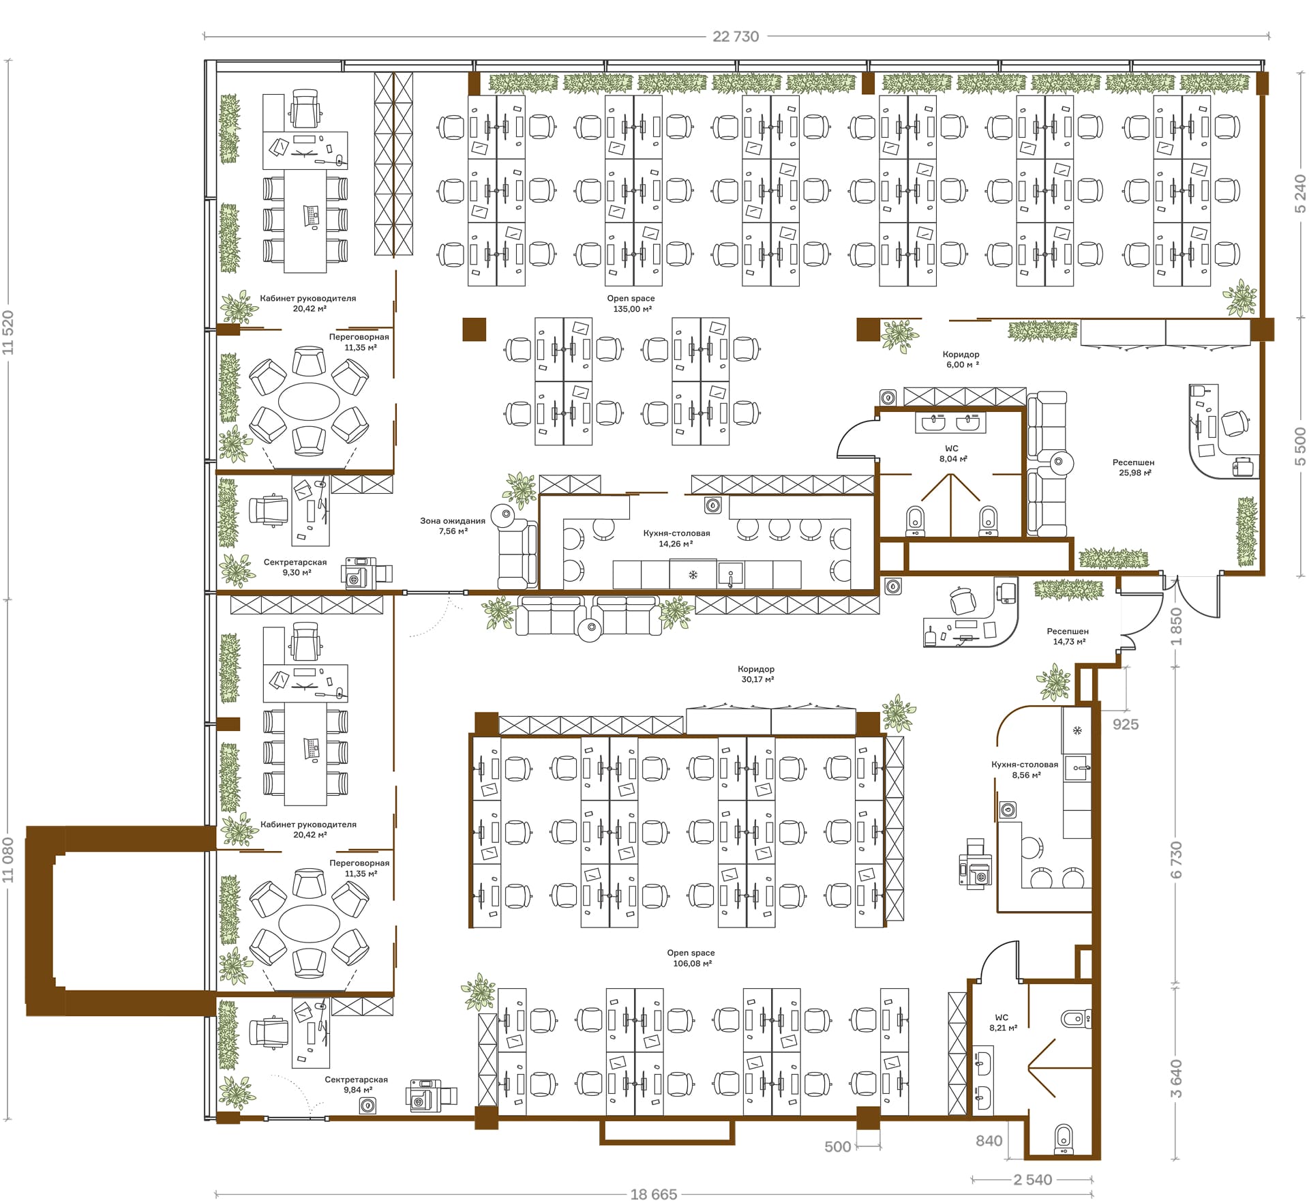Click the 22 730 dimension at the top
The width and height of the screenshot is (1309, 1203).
point(736,37)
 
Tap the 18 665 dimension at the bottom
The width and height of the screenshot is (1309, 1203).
point(653,1194)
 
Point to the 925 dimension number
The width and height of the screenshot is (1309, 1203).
point(1126,724)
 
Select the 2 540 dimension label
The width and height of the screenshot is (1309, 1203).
point(1032,1180)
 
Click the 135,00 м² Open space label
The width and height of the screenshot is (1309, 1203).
point(631,303)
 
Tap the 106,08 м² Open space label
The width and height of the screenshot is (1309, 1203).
point(691,958)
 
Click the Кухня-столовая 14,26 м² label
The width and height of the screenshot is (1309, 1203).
point(676,538)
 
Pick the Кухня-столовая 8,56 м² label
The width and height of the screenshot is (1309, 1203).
point(1025,769)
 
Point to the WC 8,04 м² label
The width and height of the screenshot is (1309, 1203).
point(952,454)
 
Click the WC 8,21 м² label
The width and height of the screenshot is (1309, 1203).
point(1002,1022)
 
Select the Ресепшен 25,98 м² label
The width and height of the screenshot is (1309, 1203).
point(1134,467)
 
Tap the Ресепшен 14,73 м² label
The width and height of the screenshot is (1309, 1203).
point(1068,636)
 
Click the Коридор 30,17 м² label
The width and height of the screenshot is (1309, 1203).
point(756,674)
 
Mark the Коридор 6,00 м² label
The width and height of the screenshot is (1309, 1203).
point(961,359)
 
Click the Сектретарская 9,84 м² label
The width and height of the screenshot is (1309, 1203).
point(356,1084)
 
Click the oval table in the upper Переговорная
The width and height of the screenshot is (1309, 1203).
point(309,401)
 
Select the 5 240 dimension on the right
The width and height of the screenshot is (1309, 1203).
point(1300,194)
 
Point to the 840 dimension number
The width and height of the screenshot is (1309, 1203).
point(989,1141)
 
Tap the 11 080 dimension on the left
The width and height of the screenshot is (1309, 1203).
point(8,860)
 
